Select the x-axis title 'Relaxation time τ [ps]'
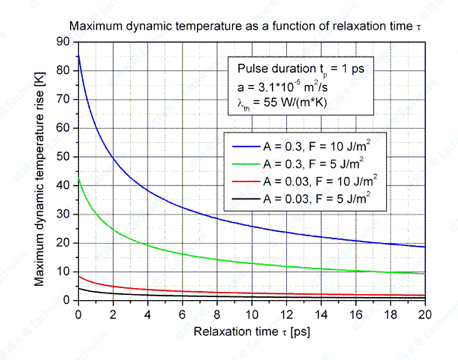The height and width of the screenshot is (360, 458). pyautogui.click(x=251, y=333)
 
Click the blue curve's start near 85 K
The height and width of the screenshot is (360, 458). pyautogui.click(x=79, y=57)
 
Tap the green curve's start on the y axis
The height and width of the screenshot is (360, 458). pyautogui.click(x=79, y=179)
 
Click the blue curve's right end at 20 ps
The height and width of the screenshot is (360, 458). pyautogui.click(x=425, y=247)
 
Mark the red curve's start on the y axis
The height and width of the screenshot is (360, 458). pyautogui.click(x=79, y=276)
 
